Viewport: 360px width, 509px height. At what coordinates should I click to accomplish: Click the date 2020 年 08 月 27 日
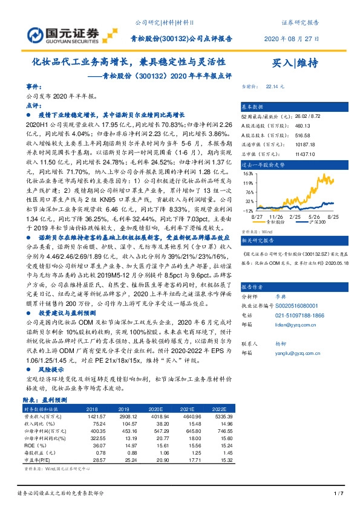tap(291, 39)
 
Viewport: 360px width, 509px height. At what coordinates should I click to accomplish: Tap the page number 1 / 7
tap(338, 494)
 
